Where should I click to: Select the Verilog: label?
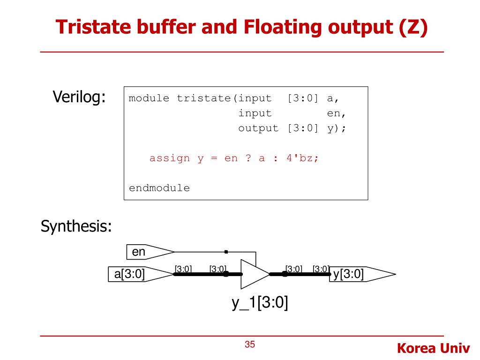tap(79, 97)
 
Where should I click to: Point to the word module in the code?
tap(149, 98)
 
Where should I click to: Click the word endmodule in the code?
tap(159, 188)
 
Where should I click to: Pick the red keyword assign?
tap(169, 158)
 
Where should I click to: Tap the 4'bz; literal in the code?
tap(302, 158)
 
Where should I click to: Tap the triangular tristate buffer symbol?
tap(253, 274)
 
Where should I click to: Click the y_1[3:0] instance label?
tap(260, 303)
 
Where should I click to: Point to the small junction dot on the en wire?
tap(226, 252)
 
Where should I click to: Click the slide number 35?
tap(250, 345)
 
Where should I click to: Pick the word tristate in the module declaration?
tap(204, 98)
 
